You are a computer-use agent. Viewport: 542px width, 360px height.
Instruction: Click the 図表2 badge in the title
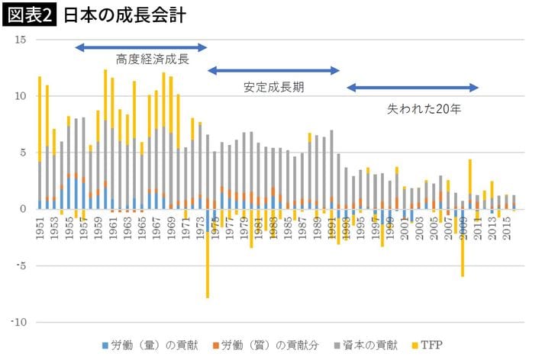30,15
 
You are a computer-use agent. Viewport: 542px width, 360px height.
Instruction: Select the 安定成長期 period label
274,87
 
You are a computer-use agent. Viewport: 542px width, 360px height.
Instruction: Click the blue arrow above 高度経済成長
141,48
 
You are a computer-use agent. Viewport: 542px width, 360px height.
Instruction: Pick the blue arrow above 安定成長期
273,71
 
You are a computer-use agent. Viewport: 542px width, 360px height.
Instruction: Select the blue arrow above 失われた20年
412,88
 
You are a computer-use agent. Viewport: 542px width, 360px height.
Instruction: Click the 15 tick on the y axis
21,39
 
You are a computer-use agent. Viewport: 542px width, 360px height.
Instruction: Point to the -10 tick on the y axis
19,323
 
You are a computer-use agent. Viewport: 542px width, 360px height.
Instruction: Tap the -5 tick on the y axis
22,266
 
